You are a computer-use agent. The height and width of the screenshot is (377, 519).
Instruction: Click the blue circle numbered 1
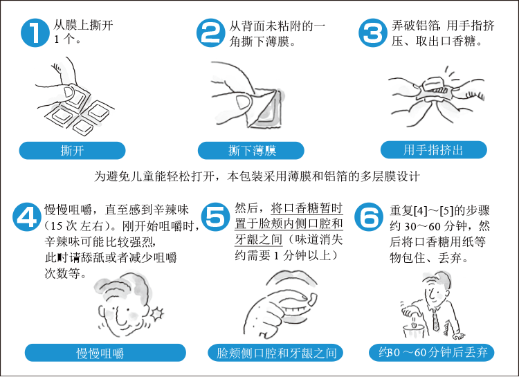(x=35, y=33)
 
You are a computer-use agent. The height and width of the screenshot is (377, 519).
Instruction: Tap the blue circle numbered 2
(x=210, y=33)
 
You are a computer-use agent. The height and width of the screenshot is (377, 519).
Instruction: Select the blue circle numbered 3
(x=373, y=33)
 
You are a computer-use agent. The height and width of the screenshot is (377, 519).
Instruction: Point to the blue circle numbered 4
(x=27, y=217)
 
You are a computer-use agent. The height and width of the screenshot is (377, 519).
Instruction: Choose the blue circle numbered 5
(x=215, y=217)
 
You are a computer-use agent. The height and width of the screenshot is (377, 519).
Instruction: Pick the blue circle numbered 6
(x=369, y=217)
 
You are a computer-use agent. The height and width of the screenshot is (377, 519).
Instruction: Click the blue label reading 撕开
(x=72, y=151)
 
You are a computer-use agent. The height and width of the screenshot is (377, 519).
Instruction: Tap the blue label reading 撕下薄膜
(x=251, y=151)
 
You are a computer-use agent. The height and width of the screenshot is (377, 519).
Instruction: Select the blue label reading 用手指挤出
(x=434, y=150)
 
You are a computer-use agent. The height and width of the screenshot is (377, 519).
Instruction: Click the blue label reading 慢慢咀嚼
(x=105, y=353)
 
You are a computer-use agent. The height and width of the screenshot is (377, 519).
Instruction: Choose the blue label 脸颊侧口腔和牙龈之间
(x=275, y=353)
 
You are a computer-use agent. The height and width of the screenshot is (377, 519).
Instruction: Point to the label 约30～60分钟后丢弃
(x=432, y=352)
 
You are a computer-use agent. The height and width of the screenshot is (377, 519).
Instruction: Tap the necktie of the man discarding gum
(x=435, y=320)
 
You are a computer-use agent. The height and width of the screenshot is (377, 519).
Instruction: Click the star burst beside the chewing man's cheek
(x=157, y=313)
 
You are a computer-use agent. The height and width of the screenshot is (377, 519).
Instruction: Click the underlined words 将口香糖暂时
(x=307, y=208)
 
